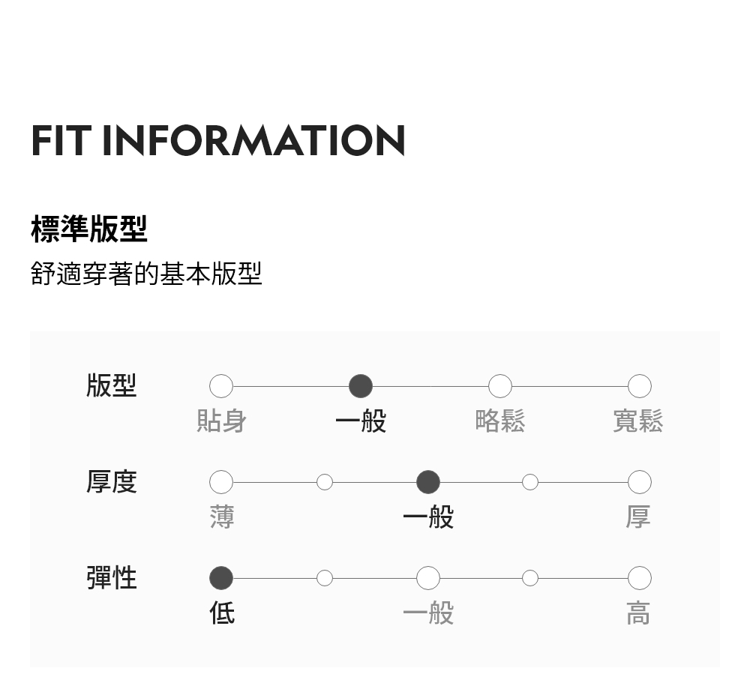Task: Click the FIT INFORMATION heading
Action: (217, 140)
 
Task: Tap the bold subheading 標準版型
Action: (89, 229)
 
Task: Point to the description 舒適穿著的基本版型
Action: (146, 274)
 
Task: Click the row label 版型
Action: (111, 385)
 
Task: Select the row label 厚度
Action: (111, 481)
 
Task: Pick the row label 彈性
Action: (111, 578)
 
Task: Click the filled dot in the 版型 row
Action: (361, 386)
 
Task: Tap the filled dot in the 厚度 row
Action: (427, 482)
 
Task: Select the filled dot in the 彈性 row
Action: (221, 578)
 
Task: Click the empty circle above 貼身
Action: (221, 386)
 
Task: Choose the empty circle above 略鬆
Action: (500, 386)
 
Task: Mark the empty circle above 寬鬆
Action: (639, 386)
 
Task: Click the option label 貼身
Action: (221, 421)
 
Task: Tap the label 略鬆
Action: (500, 421)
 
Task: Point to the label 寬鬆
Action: (638, 421)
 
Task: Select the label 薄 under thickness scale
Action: (221, 517)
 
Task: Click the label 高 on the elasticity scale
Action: (638, 613)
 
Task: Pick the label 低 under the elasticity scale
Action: (222, 613)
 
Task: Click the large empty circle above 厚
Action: (639, 482)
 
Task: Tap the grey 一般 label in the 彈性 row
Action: (427, 613)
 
